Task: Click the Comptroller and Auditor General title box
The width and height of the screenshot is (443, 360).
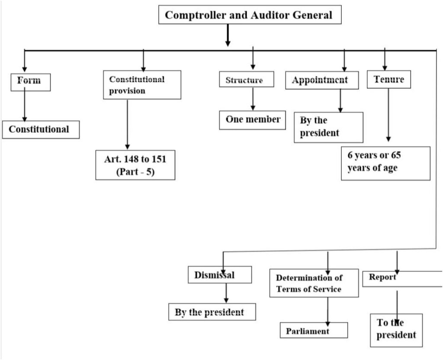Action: [250, 14]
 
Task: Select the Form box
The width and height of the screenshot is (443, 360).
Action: [31, 82]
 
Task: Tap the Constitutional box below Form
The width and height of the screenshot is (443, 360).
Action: [41, 130]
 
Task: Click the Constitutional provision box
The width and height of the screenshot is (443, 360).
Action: [142, 85]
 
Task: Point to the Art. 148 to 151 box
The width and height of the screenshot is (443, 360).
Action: [135, 165]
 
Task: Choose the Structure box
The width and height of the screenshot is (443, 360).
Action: [247, 79]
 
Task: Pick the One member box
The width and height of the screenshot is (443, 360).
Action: [253, 120]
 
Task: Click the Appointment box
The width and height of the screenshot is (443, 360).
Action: [322, 80]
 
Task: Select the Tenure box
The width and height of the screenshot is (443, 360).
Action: [389, 80]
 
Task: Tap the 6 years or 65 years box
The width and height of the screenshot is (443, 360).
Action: [385, 163]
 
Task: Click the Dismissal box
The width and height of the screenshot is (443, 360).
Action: [220, 275]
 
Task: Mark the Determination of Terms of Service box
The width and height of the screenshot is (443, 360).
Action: [314, 283]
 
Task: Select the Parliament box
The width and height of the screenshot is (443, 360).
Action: [314, 330]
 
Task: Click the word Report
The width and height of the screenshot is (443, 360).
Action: [382, 277]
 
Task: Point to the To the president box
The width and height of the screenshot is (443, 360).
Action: [396, 330]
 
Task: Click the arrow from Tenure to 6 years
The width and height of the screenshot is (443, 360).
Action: [388, 115]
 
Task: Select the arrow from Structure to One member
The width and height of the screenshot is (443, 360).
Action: [253, 99]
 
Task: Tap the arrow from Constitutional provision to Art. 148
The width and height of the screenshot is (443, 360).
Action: [127, 124]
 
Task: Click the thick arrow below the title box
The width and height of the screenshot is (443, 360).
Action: [228, 35]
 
